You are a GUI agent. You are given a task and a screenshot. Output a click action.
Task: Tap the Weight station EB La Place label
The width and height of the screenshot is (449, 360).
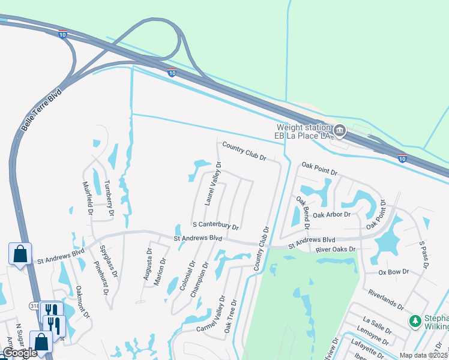click(x=303, y=131)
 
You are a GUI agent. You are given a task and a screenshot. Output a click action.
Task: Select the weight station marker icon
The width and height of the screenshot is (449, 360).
click(x=340, y=130)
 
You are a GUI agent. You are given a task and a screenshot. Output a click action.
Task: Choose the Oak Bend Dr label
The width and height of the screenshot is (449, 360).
click(x=302, y=214)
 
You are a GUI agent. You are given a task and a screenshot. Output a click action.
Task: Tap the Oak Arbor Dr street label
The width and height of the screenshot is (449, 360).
click(x=336, y=214)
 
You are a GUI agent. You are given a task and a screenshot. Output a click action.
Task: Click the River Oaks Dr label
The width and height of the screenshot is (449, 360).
click(x=336, y=249)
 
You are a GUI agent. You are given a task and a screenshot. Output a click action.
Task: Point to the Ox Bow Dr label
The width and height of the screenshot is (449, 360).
click(x=394, y=272)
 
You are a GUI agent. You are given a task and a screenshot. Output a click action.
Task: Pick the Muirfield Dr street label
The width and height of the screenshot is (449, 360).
click(x=87, y=198)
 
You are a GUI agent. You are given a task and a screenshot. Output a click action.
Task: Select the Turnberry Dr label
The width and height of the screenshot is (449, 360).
click(x=109, y=197)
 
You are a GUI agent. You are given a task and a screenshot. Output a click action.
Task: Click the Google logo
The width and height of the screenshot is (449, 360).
click(x=20, y=353)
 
